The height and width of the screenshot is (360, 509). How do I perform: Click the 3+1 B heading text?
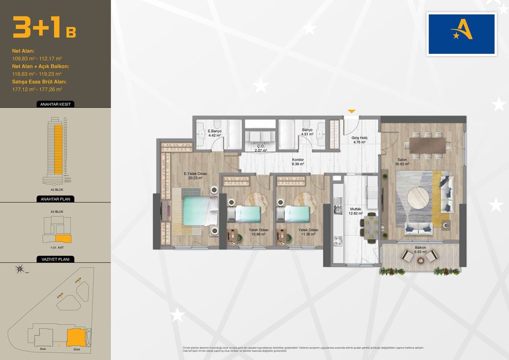tap(44, 27)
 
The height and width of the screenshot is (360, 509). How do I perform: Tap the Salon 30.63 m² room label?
tap(402, 162)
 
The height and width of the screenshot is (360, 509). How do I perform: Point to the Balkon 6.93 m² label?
tap(420, 250)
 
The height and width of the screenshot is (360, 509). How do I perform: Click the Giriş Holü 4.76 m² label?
tap(359, 140)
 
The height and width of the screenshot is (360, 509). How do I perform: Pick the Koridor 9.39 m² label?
tap(298, 162)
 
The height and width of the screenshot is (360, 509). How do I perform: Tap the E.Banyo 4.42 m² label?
tap(214, 133)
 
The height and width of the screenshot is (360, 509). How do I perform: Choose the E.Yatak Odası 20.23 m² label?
tap(195, 176)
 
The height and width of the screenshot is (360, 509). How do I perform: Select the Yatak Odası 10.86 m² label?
tap(258, 232)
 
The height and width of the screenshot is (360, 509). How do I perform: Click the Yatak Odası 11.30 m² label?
tap(308, 232)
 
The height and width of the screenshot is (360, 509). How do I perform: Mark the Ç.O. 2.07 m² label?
tap(260, 148)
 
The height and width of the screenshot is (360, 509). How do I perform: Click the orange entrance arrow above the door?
tap(352, 111)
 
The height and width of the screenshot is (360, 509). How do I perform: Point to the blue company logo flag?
tap(461, 34)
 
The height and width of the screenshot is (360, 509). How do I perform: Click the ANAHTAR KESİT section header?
tap(55, 105)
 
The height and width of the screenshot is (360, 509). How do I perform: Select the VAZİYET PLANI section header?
tap(55, 259)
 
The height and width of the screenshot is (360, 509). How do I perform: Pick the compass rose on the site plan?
tap(19, 270)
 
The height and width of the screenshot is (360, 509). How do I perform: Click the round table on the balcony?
tap(421, 261)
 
